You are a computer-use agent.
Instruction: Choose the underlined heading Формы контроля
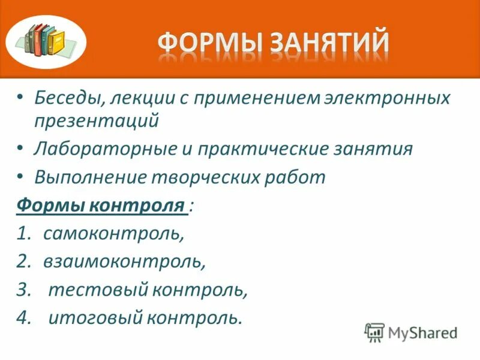(100, 205)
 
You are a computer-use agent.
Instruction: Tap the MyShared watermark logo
(412, 332)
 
